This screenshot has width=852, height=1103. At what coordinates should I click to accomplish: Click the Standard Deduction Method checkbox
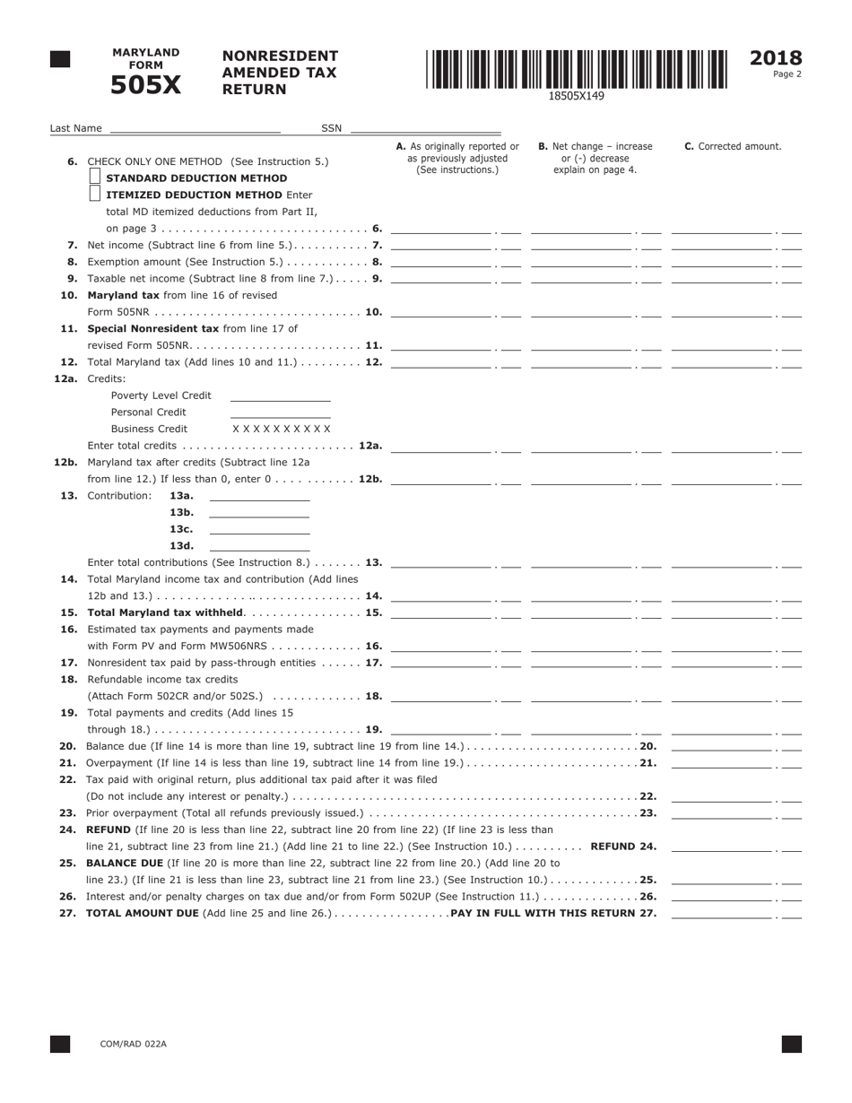95,178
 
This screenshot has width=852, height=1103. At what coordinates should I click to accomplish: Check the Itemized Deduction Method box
95,194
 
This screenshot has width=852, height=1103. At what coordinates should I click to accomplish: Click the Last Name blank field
195,128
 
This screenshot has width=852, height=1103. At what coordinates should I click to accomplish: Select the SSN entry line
425,128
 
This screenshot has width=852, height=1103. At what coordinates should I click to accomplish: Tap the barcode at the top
577,69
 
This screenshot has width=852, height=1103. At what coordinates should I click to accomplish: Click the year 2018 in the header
775,59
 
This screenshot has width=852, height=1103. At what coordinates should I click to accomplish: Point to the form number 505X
145,85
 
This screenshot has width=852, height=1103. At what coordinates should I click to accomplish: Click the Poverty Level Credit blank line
280,395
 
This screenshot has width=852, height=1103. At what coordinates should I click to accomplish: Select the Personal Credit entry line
280,413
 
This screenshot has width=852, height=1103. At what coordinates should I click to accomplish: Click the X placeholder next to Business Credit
281,429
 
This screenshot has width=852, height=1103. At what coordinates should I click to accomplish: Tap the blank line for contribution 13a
258,496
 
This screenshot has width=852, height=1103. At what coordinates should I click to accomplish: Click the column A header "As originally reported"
457,158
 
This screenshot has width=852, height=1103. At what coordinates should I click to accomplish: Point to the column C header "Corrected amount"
733,146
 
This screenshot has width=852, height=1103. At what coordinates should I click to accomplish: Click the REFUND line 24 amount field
722,847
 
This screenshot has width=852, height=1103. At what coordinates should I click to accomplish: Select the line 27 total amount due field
722,913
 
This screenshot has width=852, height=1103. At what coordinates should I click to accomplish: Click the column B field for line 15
582,612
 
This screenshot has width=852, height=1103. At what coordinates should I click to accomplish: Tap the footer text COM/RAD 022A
133,1044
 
